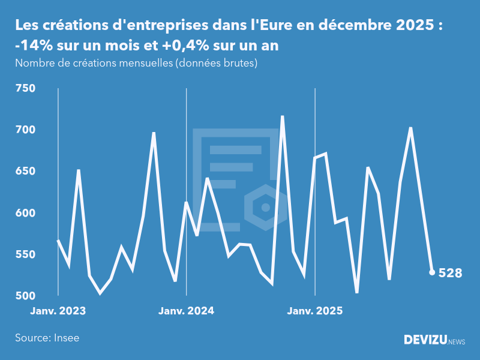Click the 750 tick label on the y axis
pyautogui.click(x=25, y=89)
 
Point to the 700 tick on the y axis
pyautogui.click(x=25, y=130)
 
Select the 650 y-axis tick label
pyautogui.click(x=25, y=172)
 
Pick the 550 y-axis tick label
pyautogui.click(x=25, y=255)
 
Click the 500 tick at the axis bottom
pyautogui.click(x=25, y=296)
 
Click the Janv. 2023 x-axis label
pyautogui.click(x=58, y=311)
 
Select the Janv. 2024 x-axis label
pyautogui.click(x=187, y=311)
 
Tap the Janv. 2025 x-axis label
pyautogui.click(x=315, y=311)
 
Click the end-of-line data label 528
pyautogui.click(x=450, y=274)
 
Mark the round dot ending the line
pyautogui.click(x=432, y=272)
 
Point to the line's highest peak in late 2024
pyautogui.click(x=283, y=116)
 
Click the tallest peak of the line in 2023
pyautogui.click(x=154, y=133)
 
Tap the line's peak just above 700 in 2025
pyautogui.click(x=410, y=128)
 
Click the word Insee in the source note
pyautogui.click(x=66, y=338)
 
